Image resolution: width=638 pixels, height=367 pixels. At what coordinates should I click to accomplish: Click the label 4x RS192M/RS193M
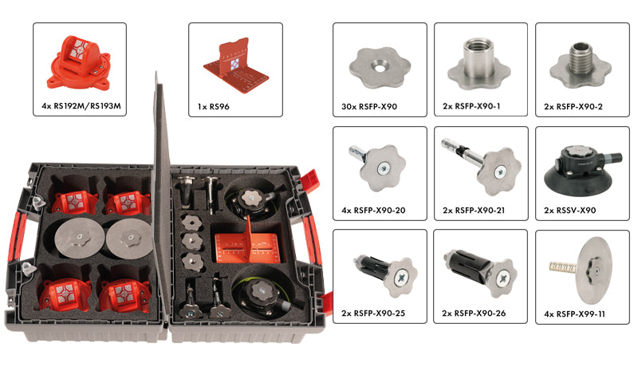click(81, 106)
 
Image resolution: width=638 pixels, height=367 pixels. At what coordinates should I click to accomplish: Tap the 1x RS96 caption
click(213, 107)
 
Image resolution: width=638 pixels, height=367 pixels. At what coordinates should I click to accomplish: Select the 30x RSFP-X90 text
click(369, 107)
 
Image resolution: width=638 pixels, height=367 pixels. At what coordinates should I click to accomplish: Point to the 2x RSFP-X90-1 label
click(471, 107)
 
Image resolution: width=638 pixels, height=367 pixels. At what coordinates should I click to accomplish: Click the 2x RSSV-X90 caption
click(569, 211)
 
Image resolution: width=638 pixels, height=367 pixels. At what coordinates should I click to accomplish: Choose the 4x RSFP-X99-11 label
click(574, 314)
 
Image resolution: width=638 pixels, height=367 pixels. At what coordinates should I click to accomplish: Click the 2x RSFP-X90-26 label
click(474, 314)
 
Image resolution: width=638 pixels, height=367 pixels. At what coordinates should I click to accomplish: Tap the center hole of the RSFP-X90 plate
click(380, 68)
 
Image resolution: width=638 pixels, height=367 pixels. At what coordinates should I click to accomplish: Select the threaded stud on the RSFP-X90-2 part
click(581, 57)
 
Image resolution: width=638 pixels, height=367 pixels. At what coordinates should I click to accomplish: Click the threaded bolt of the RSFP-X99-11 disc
click(563, 267)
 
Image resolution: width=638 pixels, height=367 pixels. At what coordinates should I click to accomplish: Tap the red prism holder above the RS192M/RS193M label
click(79, 63)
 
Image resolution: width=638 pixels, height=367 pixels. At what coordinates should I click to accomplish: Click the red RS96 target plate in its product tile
click(236, 67)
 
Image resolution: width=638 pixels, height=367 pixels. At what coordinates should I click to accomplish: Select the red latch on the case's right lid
click(310, 181)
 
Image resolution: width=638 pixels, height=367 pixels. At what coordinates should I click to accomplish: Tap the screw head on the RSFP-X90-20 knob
click(383, 168)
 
